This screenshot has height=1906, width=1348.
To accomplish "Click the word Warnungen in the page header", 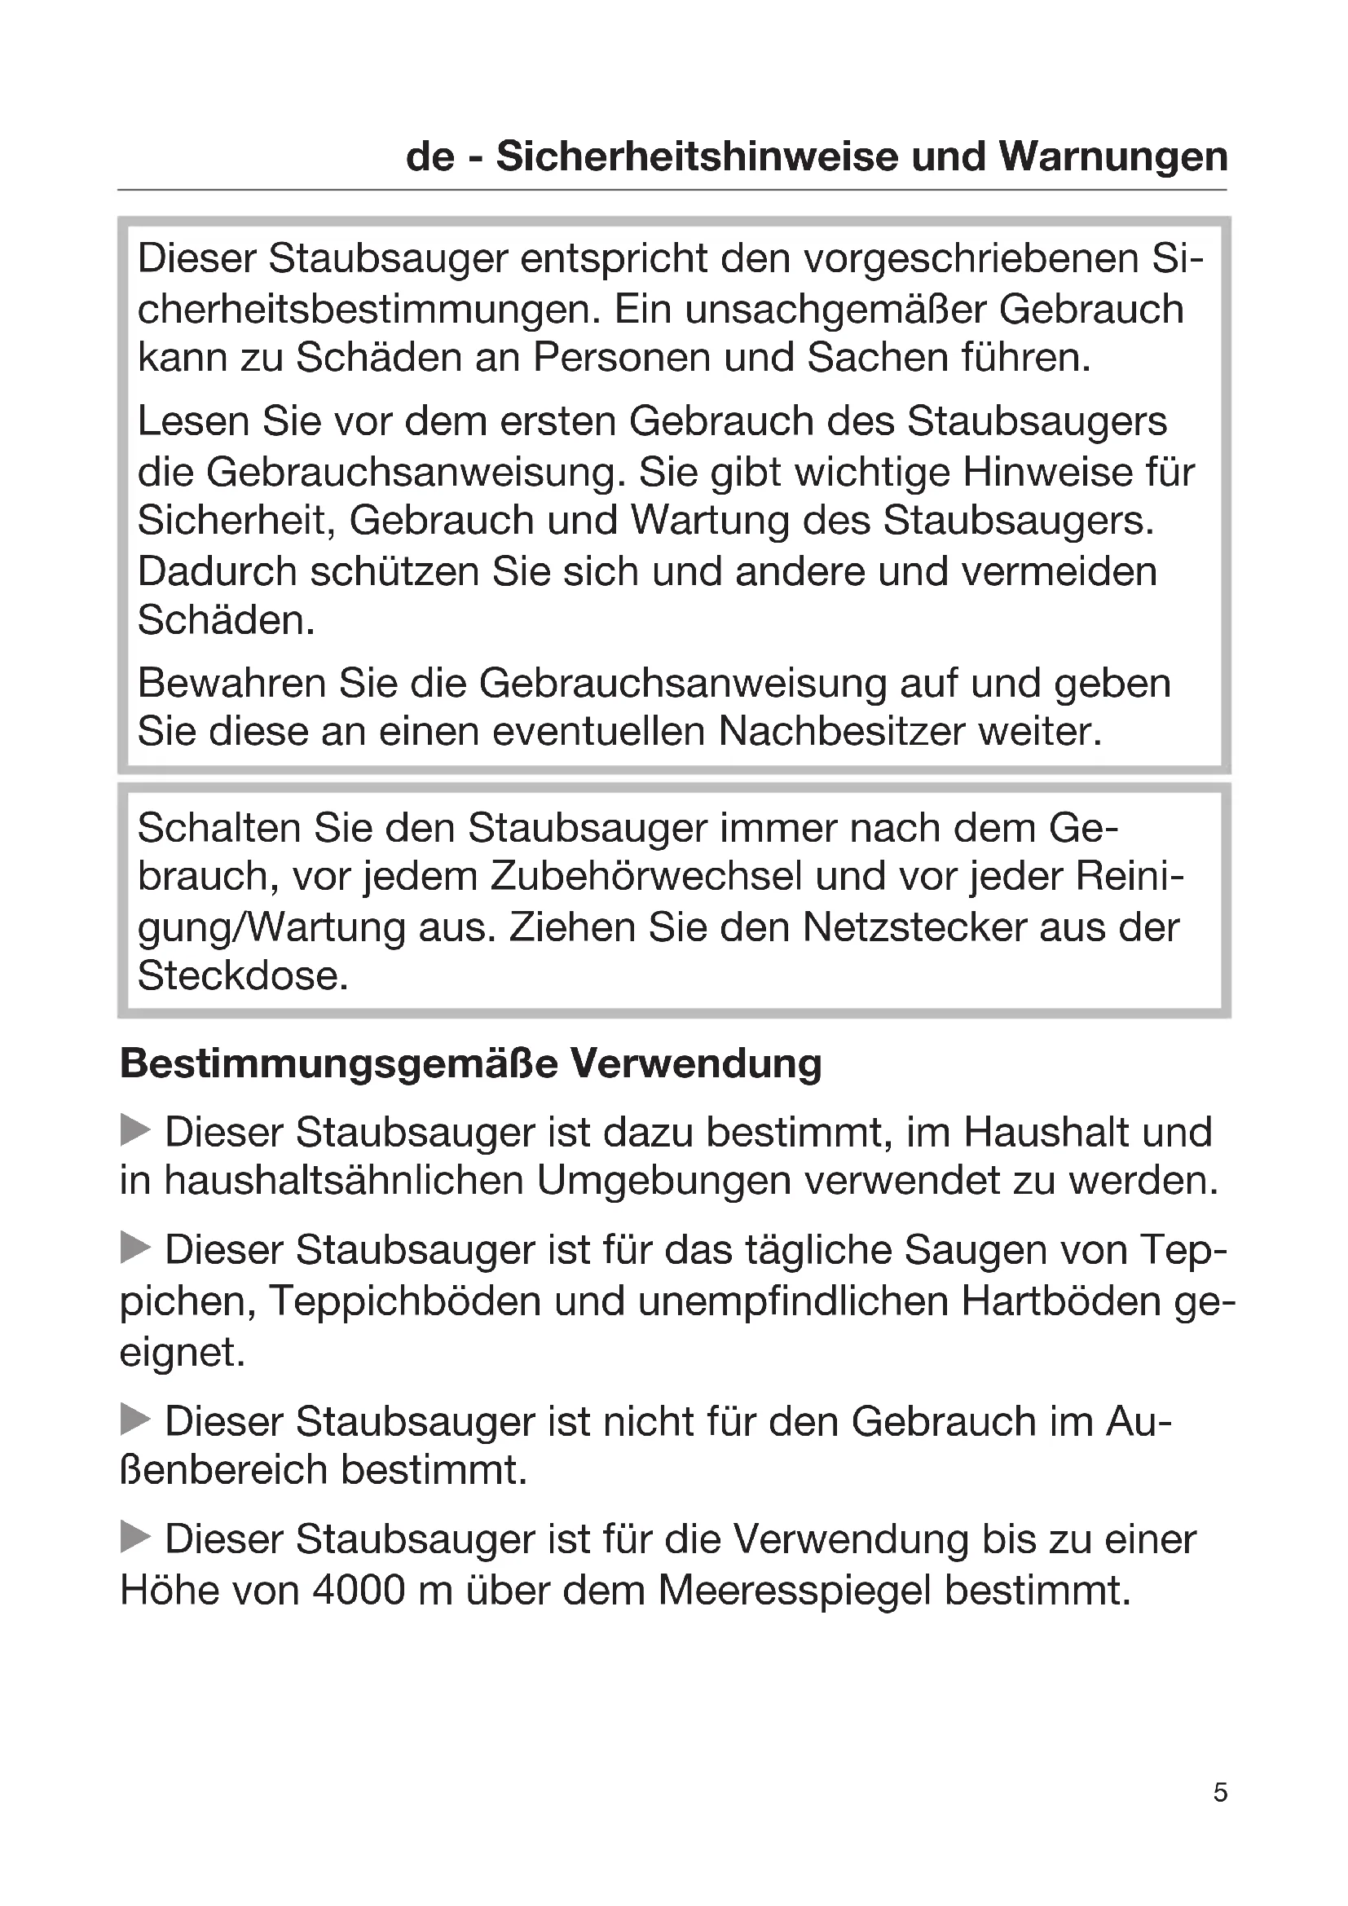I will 1113,157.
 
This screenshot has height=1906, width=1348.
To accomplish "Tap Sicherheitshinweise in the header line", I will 698,157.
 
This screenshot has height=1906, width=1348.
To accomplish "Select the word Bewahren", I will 231,684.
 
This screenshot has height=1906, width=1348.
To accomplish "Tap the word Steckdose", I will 241,976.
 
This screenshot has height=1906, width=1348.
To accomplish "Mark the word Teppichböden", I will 405,1301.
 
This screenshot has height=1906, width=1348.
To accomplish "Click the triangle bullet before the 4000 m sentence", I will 135,1537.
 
